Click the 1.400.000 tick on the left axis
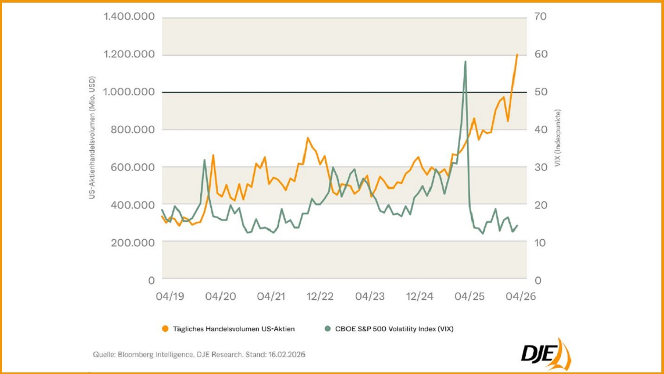pos(130,17)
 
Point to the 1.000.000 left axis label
pos(130,92)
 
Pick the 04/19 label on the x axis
pos(170,296)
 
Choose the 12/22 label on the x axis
pos(319,296)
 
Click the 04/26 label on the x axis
pos(521,296)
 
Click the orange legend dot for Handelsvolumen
pos(165,329)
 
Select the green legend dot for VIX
pos(327,329)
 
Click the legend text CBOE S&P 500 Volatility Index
pos(394,329)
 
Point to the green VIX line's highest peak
pos(465,62)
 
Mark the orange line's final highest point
pos(517,54)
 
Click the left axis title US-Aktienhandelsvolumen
pos(92,148)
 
